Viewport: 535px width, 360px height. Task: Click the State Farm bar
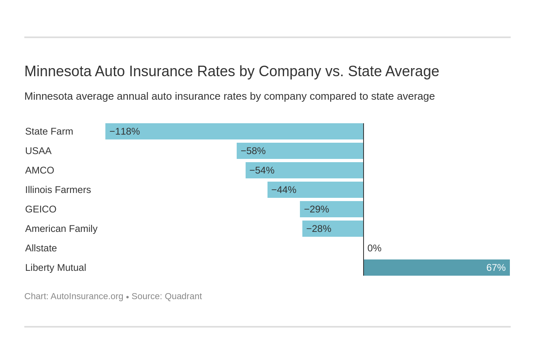click(x=234, y=131)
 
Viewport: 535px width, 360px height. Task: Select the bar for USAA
click(x=300, y=151)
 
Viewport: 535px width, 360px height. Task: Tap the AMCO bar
click(x=304, y=170)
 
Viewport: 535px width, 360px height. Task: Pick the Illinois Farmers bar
click(x=315, y=190)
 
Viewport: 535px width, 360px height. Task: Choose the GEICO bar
click(x=332, y=209)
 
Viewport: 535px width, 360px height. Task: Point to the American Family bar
click(x=333, y=229)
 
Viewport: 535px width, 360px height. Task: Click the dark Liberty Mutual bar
click(x=437, y=268)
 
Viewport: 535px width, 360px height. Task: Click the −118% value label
click(x=124, y=131)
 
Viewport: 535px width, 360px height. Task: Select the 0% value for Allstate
click(x=374, y=248)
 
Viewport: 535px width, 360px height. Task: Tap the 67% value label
click(x=496, y=268)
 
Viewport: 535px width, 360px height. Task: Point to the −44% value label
click(x=284, y=190)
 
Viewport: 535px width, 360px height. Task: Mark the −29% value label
click(x=316, y=209)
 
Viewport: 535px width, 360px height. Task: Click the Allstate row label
click(x=41, y=248)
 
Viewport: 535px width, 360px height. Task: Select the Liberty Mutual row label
click(x=56, y=268)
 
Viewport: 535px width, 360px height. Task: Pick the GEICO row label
click(x=41, y=209)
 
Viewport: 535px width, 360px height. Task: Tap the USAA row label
click(x=38, y=151)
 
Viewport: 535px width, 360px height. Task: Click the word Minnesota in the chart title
click(x=58, y=71)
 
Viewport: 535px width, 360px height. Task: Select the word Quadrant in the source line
click(x=183, y=296)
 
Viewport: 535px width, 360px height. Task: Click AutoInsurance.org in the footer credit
click(x=87, y=296)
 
